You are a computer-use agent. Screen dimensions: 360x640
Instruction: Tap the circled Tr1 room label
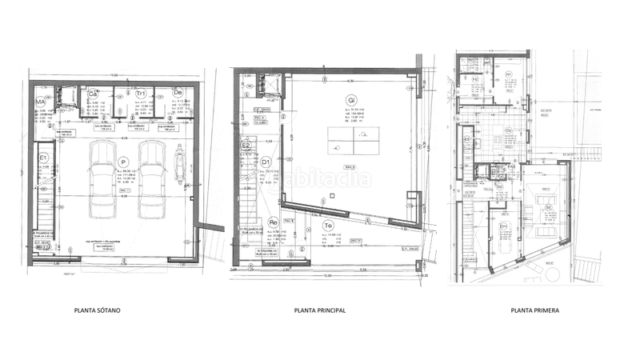click(140, 94)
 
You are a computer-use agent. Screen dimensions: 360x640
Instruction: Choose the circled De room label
click(178, 94)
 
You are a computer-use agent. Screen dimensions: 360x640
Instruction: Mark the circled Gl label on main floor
click(350, 100)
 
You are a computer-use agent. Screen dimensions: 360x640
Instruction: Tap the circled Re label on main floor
click(272, 223)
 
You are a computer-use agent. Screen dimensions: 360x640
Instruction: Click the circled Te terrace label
click(328, 226)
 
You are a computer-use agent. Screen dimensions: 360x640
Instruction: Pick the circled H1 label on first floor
click(508, 74)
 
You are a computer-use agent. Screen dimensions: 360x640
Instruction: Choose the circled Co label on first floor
click(508, 131)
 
